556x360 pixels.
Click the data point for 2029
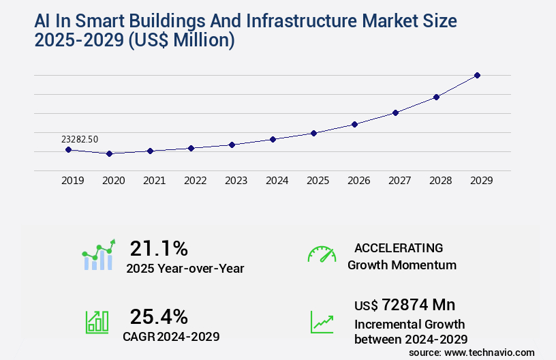[x=477, y=75]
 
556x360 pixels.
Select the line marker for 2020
[x=109, y=153]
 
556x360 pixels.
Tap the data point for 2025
[x=313, y=133]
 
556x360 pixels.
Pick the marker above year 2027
[x=395, y=112]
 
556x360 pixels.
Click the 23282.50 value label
[x=80, y=139]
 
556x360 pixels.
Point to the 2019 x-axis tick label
[x=73, y=181]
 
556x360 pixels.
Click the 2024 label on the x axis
[x=277, y=181]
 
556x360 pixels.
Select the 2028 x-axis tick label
[x=441, y=181]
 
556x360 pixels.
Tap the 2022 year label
[x=196, y=181]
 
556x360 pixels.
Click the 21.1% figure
[x=159, y=248]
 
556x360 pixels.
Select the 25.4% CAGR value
[x=159, y=316]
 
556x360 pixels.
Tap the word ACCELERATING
[x=399, y=247]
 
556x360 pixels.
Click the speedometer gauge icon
[x=322, y=254]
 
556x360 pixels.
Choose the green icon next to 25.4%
[x=97, y=322]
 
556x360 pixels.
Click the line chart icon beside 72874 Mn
[x=322, y=322]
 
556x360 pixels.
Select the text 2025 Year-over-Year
[x=185, y=269]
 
